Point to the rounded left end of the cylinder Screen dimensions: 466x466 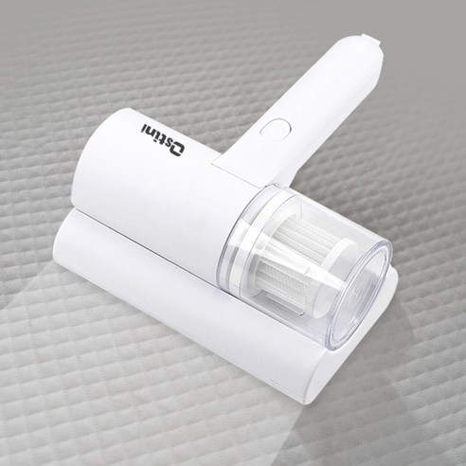85,166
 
